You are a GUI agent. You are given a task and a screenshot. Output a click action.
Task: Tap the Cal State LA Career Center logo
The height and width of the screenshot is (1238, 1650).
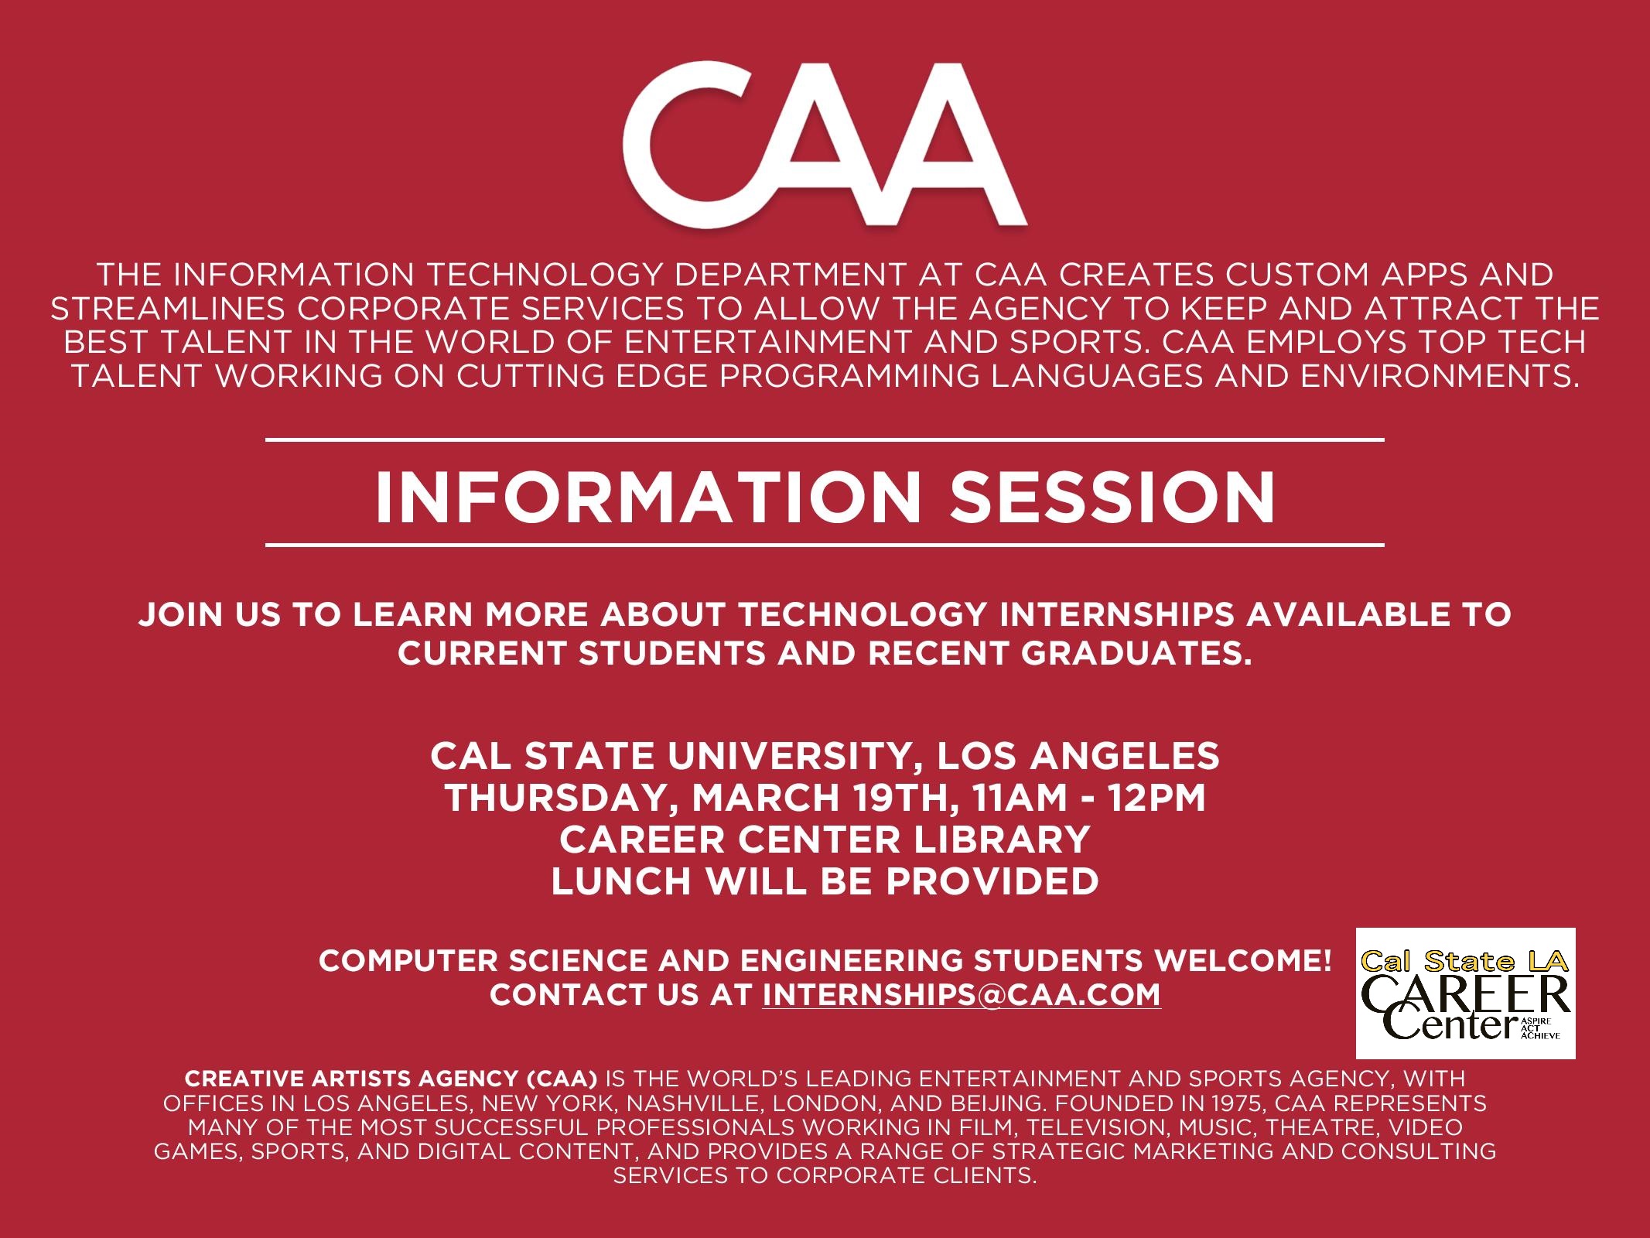(1465, 993)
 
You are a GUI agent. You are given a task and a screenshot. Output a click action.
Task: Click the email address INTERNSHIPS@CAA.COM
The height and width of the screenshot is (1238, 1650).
(962, 994)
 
